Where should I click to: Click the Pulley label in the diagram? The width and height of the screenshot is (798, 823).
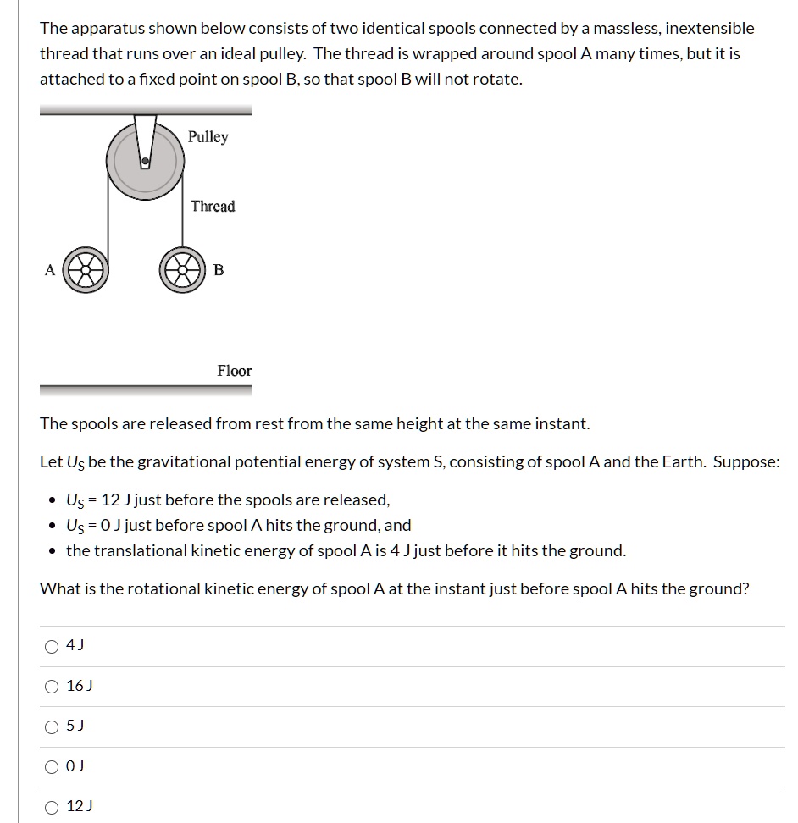pyautogui.click(x=208, y=137)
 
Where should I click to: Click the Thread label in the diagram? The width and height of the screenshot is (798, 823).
pyautogui.click(x=213, y=207)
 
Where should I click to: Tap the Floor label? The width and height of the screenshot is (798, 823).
pyautogui.click(x=234, y=371)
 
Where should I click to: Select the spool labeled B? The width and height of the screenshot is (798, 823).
pyautogui.click(x=182, y=271)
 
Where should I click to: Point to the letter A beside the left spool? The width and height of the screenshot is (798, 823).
pyautogui.click(x=49, y=270)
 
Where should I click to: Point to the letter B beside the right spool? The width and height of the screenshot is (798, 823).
pyautogui.click(x=219, y=270)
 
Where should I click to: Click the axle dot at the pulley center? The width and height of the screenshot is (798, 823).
pyautogui.click(x=146, y=160)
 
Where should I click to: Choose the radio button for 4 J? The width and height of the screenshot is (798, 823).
pyautogui.click(x=53, y=646)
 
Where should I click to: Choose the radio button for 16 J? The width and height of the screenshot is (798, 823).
pyautogui.click(x=53, y=687)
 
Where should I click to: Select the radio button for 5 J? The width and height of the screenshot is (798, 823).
pyautogui.click(x=53, y=726)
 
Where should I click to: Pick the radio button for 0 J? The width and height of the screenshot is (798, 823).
pyautogui.click(x=53, y=767)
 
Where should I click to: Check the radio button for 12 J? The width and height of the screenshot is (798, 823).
pyautogui.click(x=53, y=807)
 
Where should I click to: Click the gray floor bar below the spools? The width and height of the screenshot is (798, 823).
pyautogui.click(x=145, y=390)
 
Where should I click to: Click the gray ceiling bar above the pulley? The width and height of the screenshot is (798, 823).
pyautogui.click(x=145, y=110)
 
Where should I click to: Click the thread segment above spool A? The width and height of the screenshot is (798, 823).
pyautogui.click(x=107, y=212)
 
